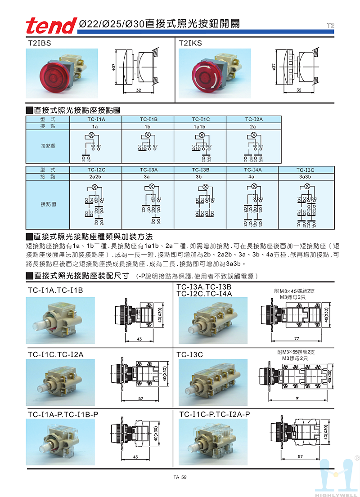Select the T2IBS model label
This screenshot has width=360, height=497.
pos(39,43)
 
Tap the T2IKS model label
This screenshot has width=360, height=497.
pos(190,43)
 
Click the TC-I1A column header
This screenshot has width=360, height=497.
pos(95,119)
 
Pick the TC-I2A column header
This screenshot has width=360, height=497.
pos(254,119)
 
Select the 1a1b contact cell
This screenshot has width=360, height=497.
pos(201,127)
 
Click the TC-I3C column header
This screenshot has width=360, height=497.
pos(306,170)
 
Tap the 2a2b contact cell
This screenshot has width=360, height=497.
pos(95,177)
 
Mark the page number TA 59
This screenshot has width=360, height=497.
pos(180,478)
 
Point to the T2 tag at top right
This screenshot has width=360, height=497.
pos(330,25)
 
